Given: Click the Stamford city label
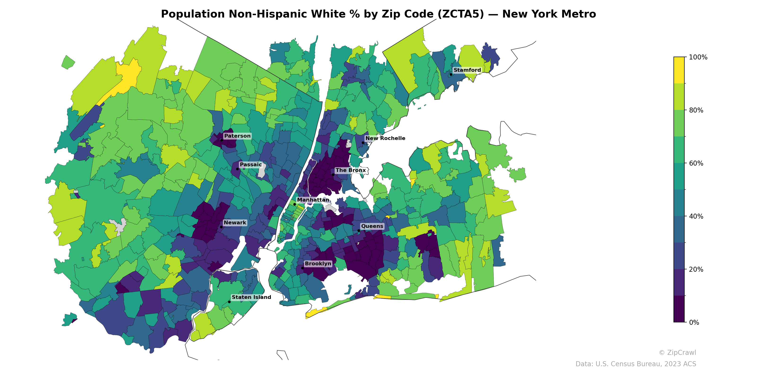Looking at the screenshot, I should click(x=467, y=70).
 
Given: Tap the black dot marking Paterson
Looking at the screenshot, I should click(x=222, y=140).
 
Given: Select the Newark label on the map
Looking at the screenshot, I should click(x=235, y=223).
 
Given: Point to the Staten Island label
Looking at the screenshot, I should click(x=251, y=297).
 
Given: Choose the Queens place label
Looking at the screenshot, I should click(x=372, y=226).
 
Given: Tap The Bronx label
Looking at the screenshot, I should click(x=351, y=170).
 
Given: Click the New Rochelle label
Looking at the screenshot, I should click(x=385, y=138).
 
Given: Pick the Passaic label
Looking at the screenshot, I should click(x=251, y=164).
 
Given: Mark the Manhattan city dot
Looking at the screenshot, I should click(x=295, y=204).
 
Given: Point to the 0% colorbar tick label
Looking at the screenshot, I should click(x=694, y=322).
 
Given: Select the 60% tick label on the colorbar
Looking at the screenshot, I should click(x=696, y=163).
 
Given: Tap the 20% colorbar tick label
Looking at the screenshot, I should click(x=696, y=270).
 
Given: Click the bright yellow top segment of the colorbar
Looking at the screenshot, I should click(x=679, y=70).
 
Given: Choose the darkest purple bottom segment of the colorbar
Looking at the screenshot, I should click(x=679, y=309).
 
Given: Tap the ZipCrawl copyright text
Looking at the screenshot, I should click(x=677, y=352).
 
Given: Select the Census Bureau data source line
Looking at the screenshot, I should click(x=636, y=364).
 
